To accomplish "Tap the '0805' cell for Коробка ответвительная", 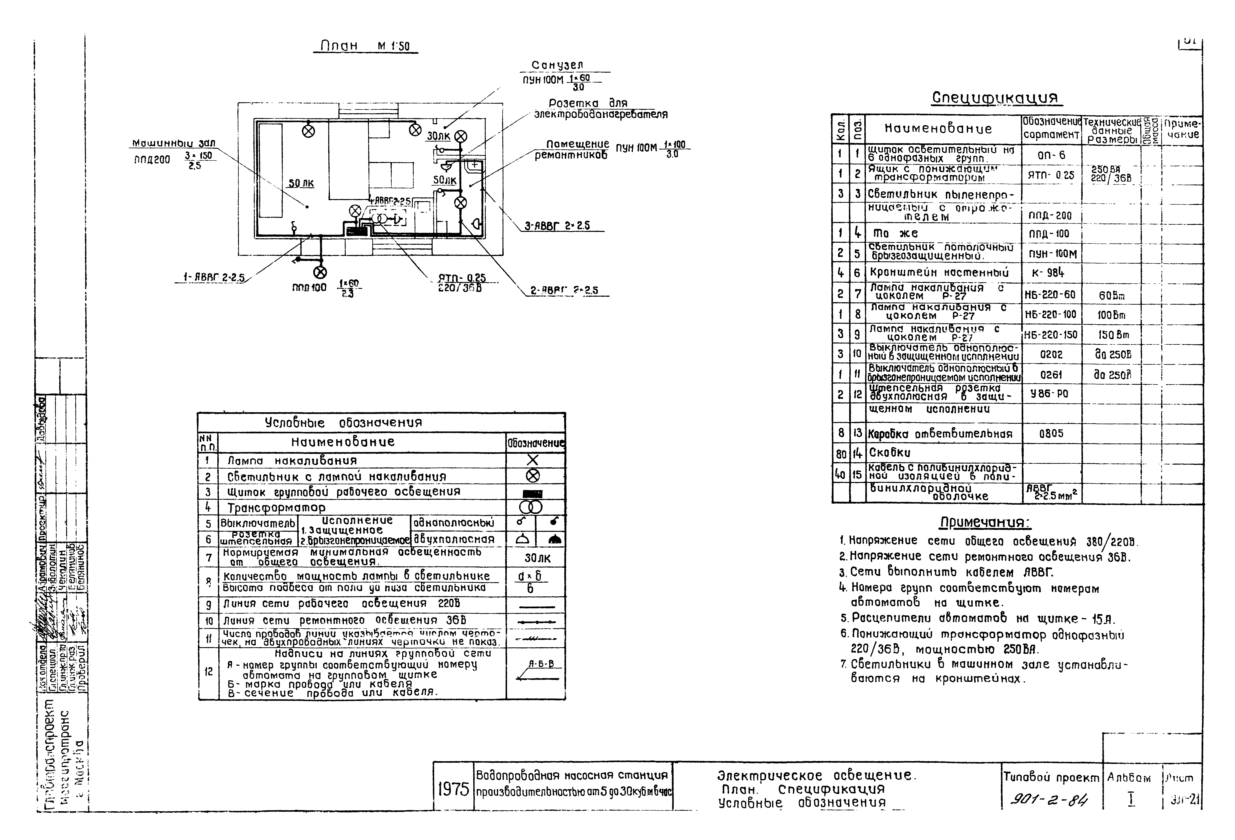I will click(x=1051, y=433).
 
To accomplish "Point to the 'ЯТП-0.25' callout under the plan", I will click(x=461, y=278).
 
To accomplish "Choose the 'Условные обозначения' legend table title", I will click(x=343, y=423).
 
